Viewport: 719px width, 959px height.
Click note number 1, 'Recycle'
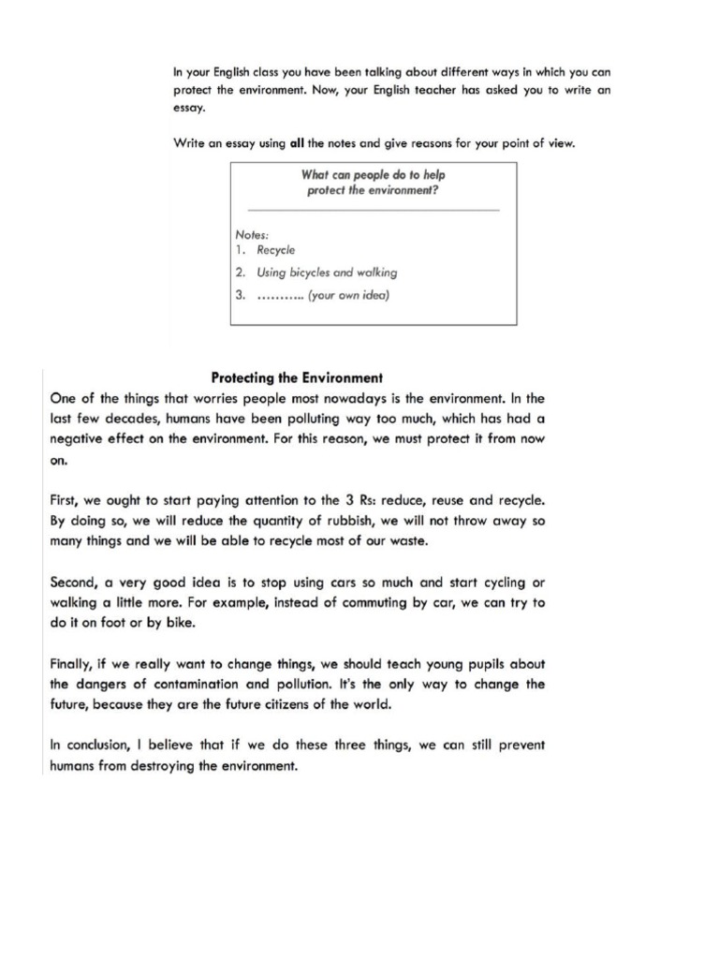click(276, 250)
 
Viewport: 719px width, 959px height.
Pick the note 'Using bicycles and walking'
click(327, 273)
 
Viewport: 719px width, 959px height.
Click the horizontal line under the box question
click(373, 211)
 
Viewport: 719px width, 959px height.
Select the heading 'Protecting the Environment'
click(297, 378)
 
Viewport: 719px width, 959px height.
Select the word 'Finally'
click(72, 664)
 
